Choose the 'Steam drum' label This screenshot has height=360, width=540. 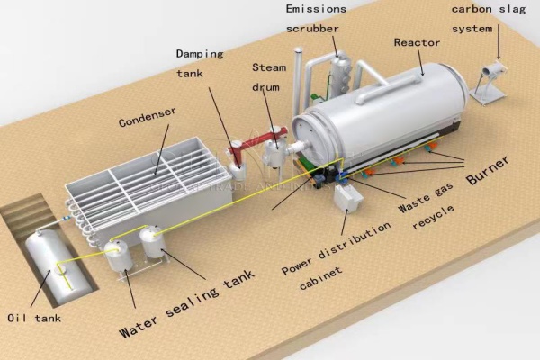pos(268,76)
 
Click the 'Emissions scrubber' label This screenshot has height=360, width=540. pos(316,18)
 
